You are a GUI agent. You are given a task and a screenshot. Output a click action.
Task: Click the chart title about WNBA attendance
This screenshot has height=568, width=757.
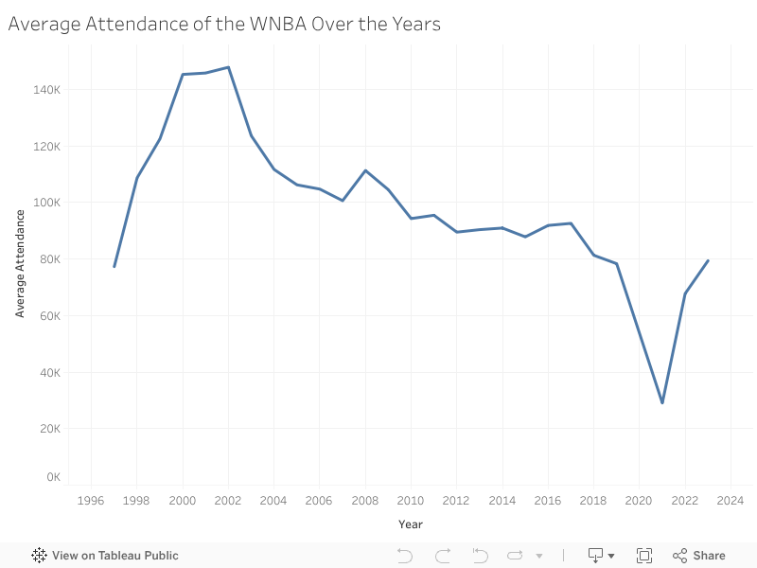coord(224,25)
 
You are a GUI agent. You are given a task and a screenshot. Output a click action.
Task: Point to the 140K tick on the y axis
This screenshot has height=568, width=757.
coord(48,90)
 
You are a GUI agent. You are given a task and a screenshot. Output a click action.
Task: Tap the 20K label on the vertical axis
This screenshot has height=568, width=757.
coord(50,429)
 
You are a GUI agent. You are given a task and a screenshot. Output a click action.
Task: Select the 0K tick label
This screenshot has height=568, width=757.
coord(53,477)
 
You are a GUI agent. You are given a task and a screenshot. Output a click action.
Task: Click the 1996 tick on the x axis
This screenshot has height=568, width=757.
coord(91,501)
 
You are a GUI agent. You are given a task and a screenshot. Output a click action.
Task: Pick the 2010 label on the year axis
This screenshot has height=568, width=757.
coord(410,501)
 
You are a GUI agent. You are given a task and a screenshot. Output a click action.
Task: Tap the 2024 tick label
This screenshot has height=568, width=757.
coord(730,501)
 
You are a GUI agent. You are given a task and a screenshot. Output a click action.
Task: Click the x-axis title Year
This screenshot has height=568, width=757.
coord(411,524)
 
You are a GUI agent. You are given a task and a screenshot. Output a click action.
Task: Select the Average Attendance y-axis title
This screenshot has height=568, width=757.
coord(20,263)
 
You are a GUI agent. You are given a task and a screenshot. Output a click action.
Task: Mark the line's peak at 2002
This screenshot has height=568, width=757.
coord(228,67)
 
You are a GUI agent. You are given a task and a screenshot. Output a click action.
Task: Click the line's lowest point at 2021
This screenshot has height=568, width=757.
coord(662,403)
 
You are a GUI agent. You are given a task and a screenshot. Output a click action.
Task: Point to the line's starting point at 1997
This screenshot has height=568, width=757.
coord(114,266)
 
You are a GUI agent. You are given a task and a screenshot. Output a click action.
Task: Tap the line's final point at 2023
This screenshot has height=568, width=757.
coord(708,260)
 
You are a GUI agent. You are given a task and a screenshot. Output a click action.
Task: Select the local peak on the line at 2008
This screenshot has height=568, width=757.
coord(365,170)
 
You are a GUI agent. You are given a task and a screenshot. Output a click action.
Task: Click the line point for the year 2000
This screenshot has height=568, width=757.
coord(183,74)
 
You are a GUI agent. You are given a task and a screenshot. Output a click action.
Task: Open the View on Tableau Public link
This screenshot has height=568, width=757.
coord(105,556)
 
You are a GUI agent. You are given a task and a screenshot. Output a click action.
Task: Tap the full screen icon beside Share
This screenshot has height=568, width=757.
coord(644,556)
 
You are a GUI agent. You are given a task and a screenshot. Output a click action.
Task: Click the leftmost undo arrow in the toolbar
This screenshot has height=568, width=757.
coord(404,556)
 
